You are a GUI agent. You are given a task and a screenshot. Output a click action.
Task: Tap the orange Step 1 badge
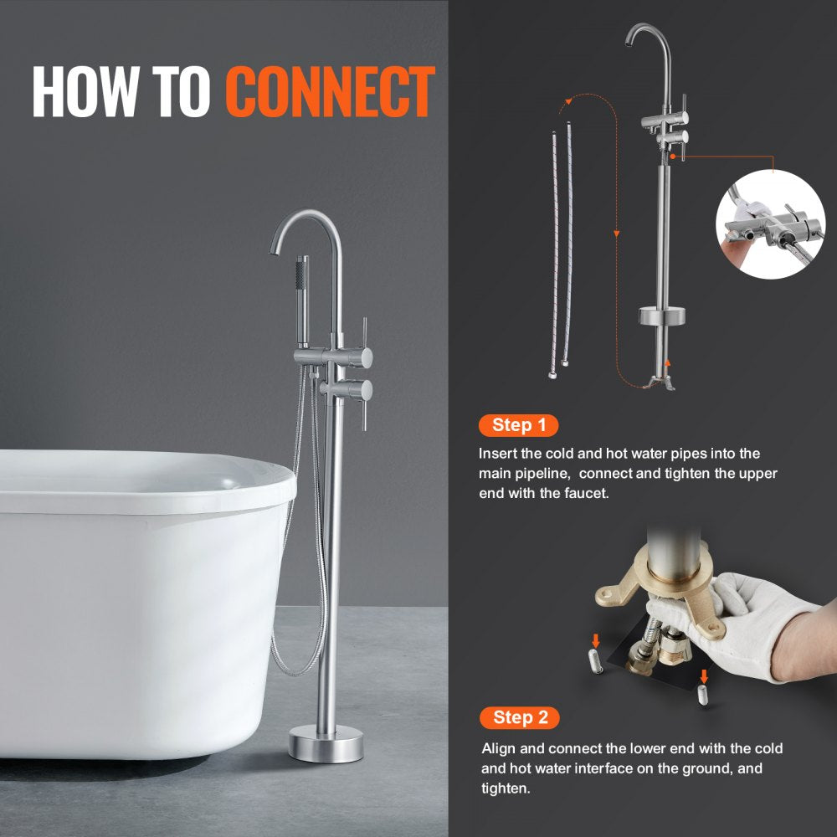coord(518,425)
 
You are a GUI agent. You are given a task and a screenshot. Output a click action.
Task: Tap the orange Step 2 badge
coord(519,717)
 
